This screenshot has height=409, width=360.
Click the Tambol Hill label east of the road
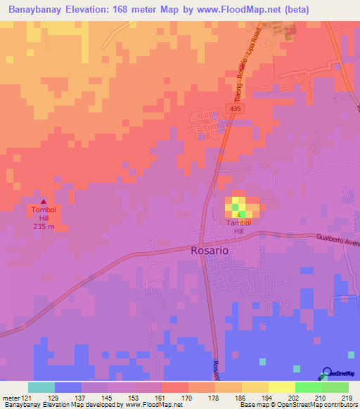[x=238, y=227]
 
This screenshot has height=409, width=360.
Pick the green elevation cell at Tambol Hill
[x=242, y=214]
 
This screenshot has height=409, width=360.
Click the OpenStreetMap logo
[x=339, y=373]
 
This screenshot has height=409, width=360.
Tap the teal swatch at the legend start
[x=41, y=387]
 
